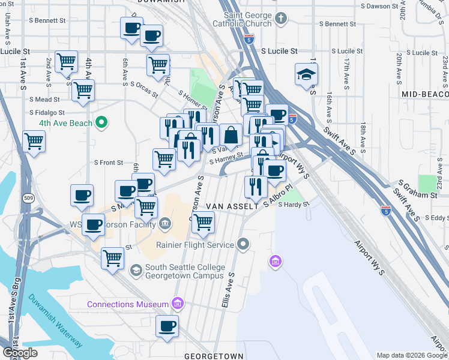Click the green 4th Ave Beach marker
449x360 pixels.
pyautogui.click(x=101, y=123)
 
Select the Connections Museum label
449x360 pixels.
pyautogui.click(x=128, y=304)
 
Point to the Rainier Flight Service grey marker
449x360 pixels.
pyautogui.click(x=243, y=244)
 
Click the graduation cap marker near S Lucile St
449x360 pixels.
pyautogui.click(x=306, y=76)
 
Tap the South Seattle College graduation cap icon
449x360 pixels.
pyautogui.click(x=136, y=271)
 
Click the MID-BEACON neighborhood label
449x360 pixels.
pyautogui.click(x=425, y=94)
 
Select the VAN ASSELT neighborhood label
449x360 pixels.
pyautogui.click(x=227, y=206)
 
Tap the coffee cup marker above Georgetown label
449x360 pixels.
pyautogui.click(x=167, y=327)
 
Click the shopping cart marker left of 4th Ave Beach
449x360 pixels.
pyautogui.click(x=34, y=142)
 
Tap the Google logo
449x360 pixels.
pyautogui.click(x=20, y=353)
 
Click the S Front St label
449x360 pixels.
pyautogui.click(x=108, y=162)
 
